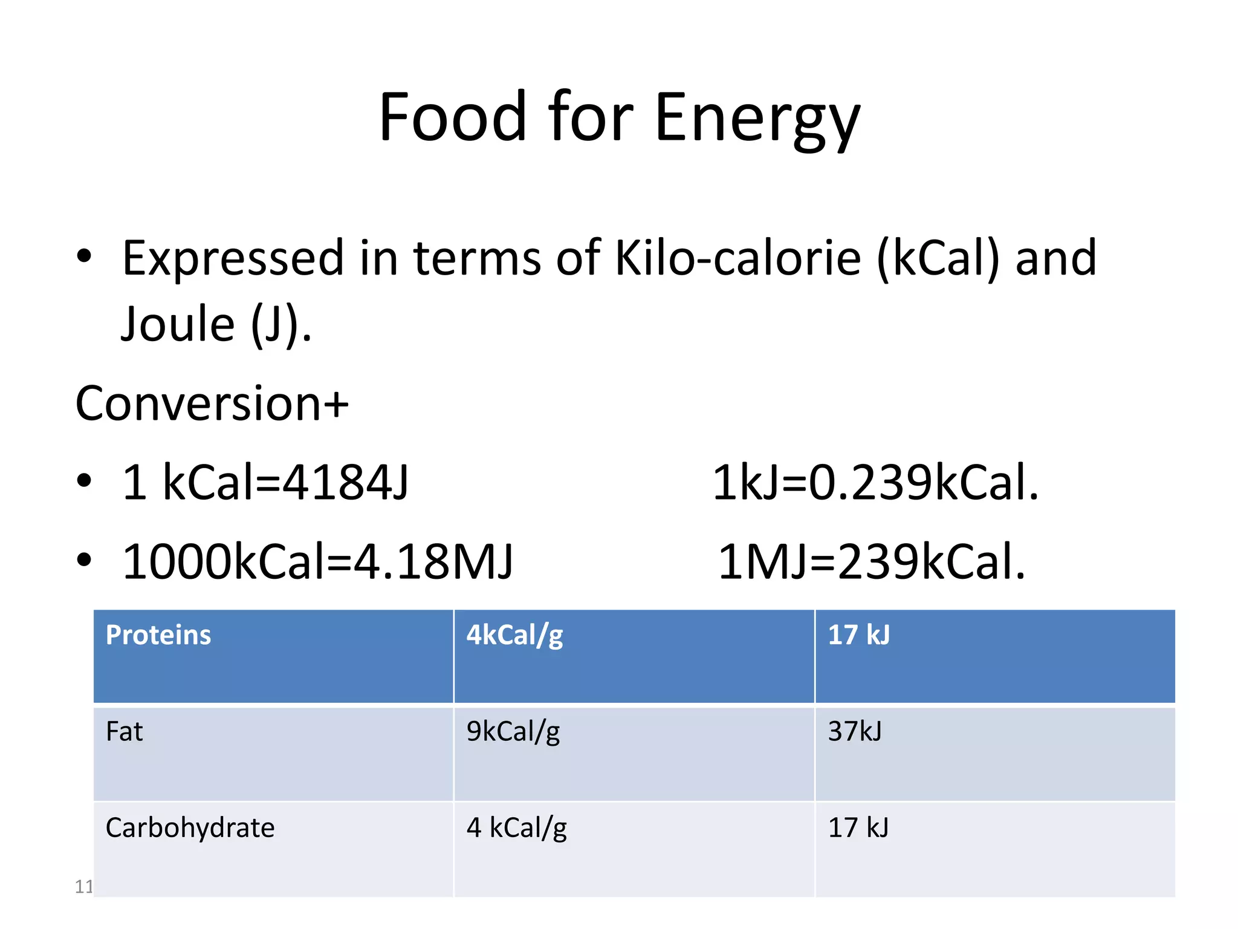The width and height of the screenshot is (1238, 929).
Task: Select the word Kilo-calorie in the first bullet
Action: (737, 258)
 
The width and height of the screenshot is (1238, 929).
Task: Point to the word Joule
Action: (178, 324)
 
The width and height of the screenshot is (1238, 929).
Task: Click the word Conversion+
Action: (212, 403)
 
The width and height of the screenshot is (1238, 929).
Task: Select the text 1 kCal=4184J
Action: (265, 483)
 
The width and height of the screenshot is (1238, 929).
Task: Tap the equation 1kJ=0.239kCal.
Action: (875, 483)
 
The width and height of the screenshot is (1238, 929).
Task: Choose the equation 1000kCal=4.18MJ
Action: (318, 562)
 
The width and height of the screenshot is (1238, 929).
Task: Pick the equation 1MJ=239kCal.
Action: (871, 562)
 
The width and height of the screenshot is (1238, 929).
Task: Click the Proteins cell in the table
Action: (158, 635)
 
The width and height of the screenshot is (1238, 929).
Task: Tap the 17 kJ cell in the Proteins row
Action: (858, 635)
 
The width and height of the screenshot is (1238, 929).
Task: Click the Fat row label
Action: (124, 732)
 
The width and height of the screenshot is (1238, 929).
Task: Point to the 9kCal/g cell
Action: (513, 732)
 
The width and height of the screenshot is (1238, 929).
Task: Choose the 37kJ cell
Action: (855, 732)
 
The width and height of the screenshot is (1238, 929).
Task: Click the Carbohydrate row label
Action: (190, 828)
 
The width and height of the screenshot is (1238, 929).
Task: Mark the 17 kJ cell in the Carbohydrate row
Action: (858, 828)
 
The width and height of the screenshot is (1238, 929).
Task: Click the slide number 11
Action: (83, 887)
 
